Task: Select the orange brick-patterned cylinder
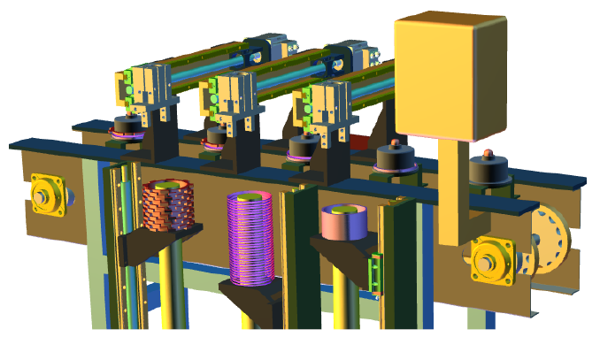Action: pyautogui.click(x=167, y=204)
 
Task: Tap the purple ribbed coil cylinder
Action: pyautogui.click(x=252, y=236)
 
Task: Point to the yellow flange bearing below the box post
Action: pyautogui.click(x=491, y=261)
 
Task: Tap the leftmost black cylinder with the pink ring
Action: pyautogui.click(x=130, y=129)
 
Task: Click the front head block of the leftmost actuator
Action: pyautogui.click(x=144, y=87)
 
